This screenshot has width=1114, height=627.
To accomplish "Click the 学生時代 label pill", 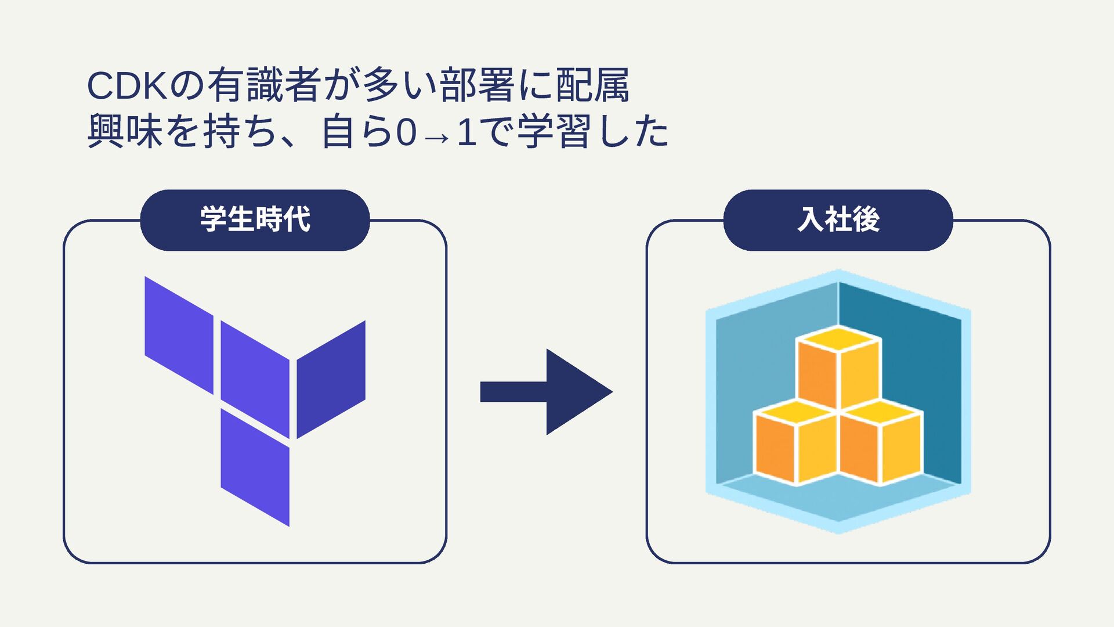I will pos(255,220).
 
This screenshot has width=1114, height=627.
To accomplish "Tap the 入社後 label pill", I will pos(838,220).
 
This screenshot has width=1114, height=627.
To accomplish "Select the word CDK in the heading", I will pos(125,86).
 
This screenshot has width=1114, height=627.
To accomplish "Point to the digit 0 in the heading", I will pos(406,133).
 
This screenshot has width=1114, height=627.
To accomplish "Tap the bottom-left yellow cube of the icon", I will pos(797,445).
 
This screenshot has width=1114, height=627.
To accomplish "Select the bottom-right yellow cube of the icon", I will pos(881,445).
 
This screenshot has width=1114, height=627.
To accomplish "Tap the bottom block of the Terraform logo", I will pos(255,467).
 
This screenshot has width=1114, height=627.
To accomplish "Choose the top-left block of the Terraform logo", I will pos(179,335).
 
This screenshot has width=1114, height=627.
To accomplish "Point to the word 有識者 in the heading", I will pos(264,86).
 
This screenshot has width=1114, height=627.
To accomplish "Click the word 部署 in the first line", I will pos(477,86).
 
